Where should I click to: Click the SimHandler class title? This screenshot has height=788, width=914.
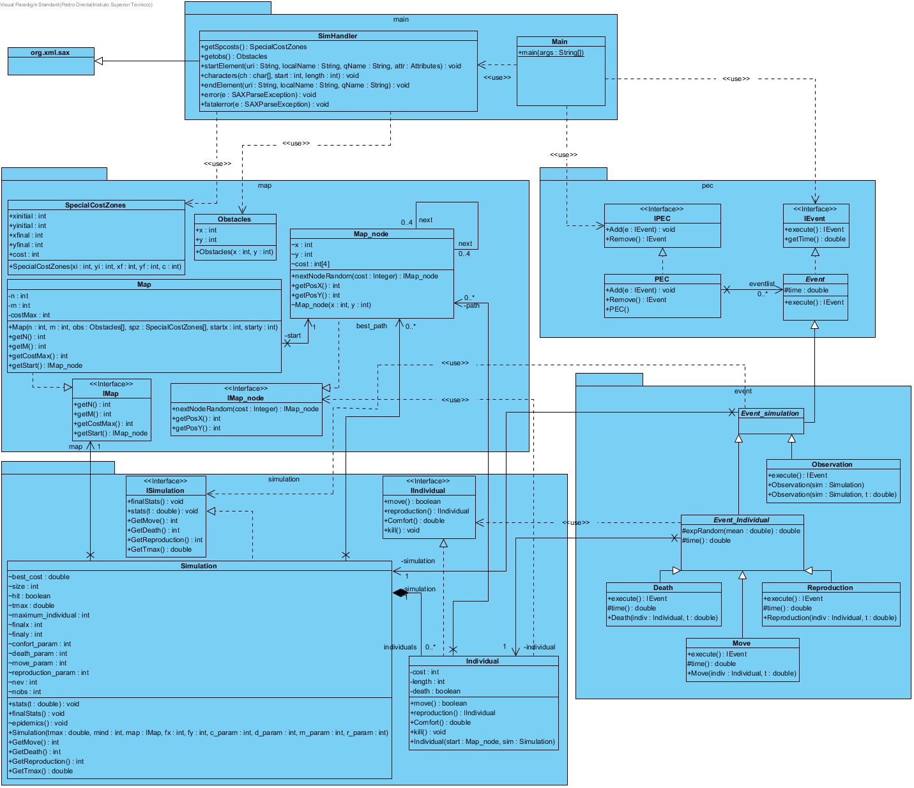(337, 36)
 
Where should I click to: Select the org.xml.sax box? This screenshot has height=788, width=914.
(50, 53)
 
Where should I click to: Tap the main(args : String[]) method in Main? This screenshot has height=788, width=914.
(551, 53)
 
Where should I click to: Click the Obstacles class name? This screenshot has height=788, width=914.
(234, 220)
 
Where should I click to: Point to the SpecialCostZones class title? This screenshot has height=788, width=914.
(95, 206)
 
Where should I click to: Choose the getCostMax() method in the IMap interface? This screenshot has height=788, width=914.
(104, 424)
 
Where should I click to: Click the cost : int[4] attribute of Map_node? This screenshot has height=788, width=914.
(311, 264)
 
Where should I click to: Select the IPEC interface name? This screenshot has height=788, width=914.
(662, 218)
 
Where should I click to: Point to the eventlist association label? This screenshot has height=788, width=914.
(761, 284)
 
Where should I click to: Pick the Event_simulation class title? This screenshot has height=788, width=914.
(770, 414)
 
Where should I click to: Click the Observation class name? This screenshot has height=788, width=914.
(832, 465)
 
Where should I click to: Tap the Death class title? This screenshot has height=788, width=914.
(663, 588)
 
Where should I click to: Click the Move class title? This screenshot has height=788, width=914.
(742, 644)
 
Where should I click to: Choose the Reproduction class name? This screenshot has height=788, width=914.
(830, 588)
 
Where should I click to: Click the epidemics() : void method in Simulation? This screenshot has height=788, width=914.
(38, 724)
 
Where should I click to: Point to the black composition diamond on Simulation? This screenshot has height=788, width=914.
(400, 593)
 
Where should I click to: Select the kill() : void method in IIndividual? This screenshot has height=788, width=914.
(402, 531)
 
